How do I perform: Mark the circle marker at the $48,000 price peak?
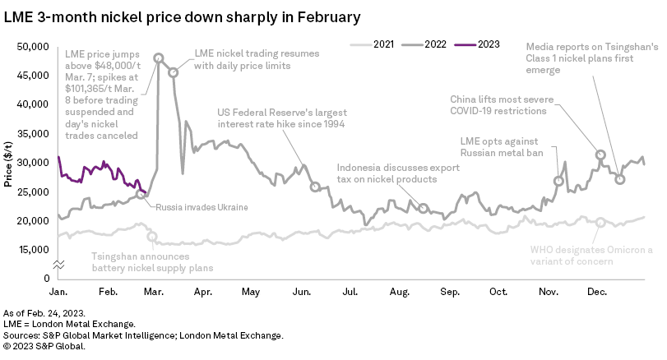point(159,59)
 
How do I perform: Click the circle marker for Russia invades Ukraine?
point(141,194)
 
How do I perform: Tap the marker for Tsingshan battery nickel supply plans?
point(152,237)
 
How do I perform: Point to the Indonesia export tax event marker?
point(424,208)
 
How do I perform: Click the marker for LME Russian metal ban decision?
point(560,181)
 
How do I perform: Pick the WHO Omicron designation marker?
point(601,223)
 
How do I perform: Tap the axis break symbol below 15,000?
point(58,264)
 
